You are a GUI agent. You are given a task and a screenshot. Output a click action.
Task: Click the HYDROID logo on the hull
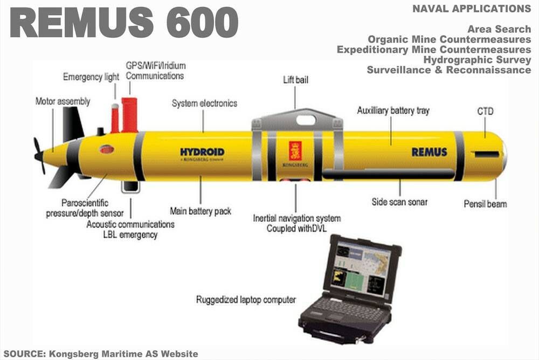click(202, 152)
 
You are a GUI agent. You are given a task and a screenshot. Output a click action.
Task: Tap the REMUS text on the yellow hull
click(430, 151)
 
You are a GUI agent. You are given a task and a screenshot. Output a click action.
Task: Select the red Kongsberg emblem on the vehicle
click(295, 151)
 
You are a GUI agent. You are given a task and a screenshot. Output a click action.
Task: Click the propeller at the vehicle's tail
click(39, 156)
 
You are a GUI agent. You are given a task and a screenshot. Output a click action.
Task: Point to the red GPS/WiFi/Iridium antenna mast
click(129, 115)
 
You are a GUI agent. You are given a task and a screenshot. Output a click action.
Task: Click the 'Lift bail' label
click(295, 80)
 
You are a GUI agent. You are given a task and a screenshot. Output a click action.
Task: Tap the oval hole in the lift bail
click(306, 120)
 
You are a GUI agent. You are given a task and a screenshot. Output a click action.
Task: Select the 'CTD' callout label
click(486, 112)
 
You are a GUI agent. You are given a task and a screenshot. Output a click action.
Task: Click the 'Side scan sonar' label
click(399, 202)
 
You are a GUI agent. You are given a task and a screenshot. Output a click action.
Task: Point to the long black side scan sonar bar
click(389, 174)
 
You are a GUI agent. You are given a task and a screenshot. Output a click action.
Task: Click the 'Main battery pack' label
click(201, 211)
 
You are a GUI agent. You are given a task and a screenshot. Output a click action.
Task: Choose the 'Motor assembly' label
click(63, 101)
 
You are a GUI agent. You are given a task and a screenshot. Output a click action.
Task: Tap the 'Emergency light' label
click(91, 77)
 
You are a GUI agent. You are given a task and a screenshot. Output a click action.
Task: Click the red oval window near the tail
click(107, 149)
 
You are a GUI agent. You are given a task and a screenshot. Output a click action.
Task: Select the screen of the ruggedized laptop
click(360, 268)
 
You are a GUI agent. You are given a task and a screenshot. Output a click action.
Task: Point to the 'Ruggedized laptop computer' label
click(246, 300)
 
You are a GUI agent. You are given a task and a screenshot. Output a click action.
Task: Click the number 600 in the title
click(203, 23)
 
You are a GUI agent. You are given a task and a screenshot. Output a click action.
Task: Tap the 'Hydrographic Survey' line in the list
click(477, 59)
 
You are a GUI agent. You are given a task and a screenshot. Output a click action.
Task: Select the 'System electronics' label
click(204, 103)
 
